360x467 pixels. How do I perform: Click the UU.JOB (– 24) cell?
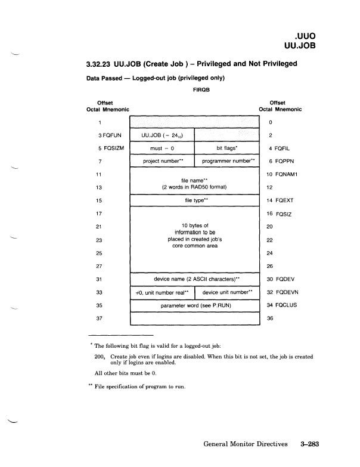(x=162, y=135)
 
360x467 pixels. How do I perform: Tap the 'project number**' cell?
(x=162, y=161)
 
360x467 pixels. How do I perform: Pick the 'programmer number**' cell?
(x=228, y=161)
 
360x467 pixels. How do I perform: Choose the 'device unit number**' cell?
(x=228, y=292)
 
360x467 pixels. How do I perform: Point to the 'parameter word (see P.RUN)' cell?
(x=195, y=305)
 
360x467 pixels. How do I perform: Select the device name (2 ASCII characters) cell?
(x=195, y=279)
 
